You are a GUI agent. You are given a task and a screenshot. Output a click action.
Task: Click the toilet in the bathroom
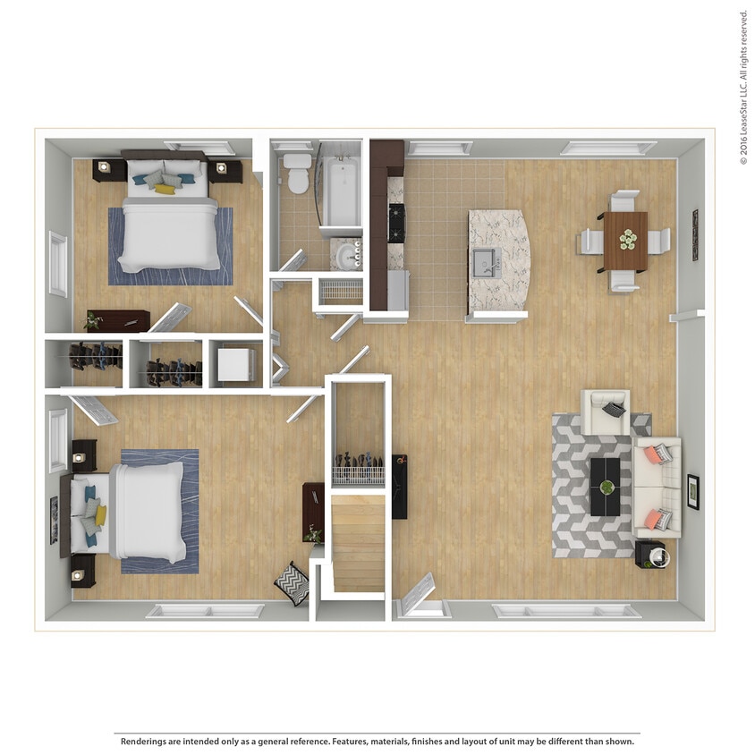pos(298,174)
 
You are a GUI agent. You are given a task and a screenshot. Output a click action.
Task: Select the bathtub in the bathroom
pos(341,191)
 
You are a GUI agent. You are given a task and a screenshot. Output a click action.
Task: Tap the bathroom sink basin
pos(347,256)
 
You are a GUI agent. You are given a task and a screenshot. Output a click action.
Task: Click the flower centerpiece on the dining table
pos(627,239)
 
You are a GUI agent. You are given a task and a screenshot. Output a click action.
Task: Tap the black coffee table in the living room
pos(606,486)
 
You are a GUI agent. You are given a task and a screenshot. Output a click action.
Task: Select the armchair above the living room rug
pos(606,411)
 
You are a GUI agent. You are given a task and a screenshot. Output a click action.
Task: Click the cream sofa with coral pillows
pos(657,488)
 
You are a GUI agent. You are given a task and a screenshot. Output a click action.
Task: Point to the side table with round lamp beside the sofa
pos(650,555)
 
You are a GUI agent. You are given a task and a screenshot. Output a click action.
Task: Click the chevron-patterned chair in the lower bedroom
pos(292,582)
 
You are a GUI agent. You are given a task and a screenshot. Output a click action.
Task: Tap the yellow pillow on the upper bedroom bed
pos(165,189)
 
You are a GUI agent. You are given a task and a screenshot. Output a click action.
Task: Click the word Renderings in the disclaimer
pos(143,742)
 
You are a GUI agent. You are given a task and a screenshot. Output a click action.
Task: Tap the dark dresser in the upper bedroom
pos(118,320)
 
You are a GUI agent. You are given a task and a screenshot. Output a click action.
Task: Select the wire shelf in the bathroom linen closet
pos(341,290)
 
